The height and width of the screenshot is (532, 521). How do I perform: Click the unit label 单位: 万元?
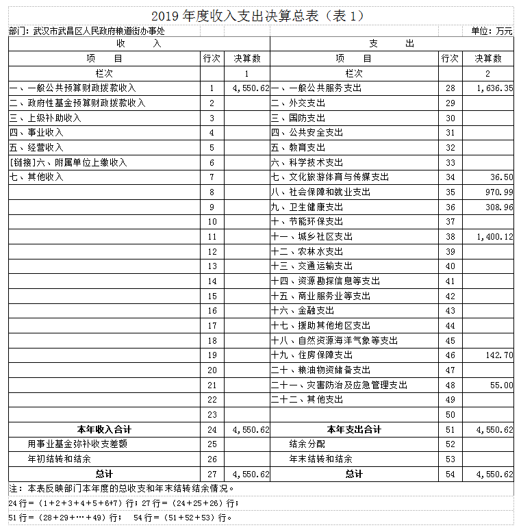(491, 31)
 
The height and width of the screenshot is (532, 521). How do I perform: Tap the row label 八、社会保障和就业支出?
(320, 192)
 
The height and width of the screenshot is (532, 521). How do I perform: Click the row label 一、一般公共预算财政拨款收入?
(73, 88)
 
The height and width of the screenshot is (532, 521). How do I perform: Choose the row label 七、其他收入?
(36, 177)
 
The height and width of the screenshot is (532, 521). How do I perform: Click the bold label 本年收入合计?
(104, 430)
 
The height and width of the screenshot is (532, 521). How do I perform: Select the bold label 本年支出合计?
(354, 430)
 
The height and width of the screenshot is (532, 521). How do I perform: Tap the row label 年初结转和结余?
(60, 459)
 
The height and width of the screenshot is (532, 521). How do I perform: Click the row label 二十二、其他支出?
(307, 400)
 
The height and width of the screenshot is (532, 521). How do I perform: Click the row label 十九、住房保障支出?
(312, 355)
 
